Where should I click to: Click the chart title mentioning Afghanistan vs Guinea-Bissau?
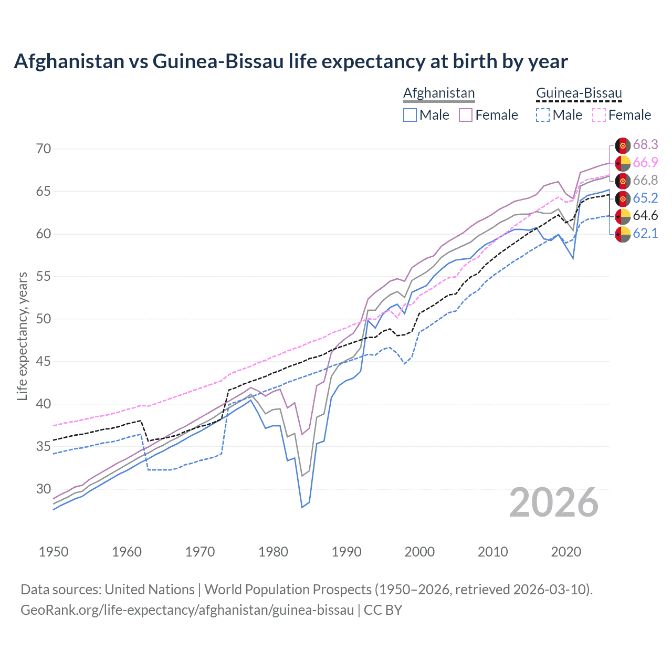tap(291, 61)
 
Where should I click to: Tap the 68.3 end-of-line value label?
tap(645, 144)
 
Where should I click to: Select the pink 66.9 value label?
tap(645, 162)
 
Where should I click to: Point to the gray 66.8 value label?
tap(645, 180)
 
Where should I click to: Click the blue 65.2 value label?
tap(645, 198)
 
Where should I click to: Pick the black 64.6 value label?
tap(645, 216)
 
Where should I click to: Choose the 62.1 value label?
tap(645, 234)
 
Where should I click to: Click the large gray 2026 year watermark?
tap(554, 502)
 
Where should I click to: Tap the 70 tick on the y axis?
tap(44, 149)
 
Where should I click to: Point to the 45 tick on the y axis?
tap(44, 361)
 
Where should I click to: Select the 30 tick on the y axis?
tap(44, 489)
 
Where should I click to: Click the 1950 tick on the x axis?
tap(54, 552)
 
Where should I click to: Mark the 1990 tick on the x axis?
tap(346, 552)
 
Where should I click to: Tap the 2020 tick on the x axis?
tap(566, 552)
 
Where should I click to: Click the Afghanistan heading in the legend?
tap(439, 93)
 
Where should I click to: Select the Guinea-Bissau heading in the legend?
tap(579, 93)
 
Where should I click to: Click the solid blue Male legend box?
tap(410, 115)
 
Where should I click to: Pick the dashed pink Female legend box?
tap(599, 115)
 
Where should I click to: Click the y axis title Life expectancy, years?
tap(22, 336)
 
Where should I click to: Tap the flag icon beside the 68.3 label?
tap(623, 145)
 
